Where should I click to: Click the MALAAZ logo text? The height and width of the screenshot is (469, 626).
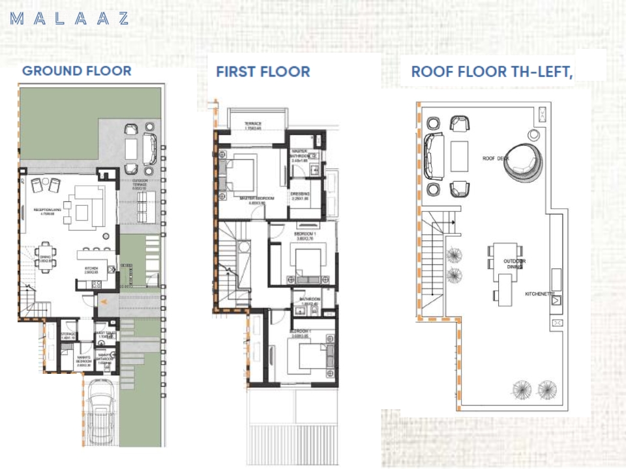[x=70, y=18]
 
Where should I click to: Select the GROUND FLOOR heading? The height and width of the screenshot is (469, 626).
[x=76, y=71]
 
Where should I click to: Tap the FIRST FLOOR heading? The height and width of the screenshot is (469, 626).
[x=263, y=72]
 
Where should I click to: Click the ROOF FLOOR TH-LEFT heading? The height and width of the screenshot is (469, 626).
[x=492, y=72]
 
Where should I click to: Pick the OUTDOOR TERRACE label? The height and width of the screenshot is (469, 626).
[x=140, y=184]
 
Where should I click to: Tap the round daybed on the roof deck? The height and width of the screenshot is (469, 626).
[x=522, y=158]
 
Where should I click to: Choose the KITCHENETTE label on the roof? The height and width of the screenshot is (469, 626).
[x=539, y=294]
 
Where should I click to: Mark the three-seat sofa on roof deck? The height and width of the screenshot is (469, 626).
[x=432, y=156]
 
